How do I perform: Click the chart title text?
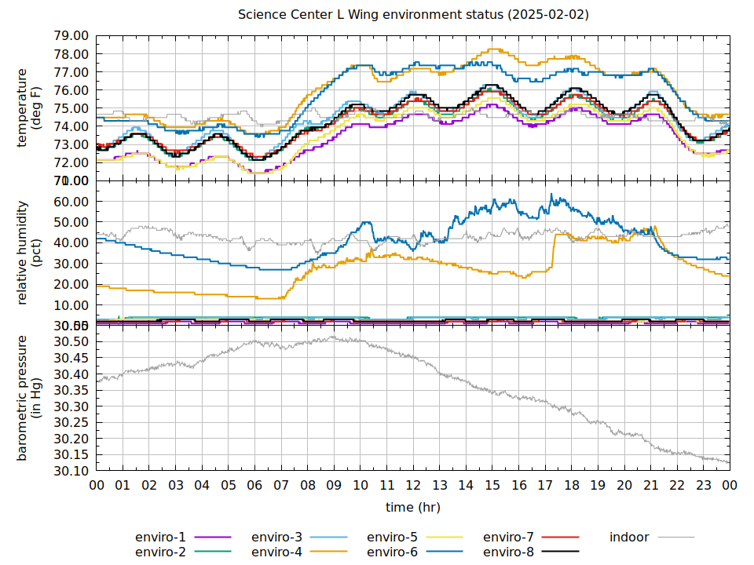(413, 15)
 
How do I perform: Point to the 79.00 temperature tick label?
(71, 36)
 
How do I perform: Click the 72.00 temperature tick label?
(71, 162)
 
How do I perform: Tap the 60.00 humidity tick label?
(71, 201)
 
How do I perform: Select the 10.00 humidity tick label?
(71, 305)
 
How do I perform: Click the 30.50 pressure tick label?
(71, 341)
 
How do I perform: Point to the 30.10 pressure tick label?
(71, 471)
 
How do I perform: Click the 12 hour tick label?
(413, 486)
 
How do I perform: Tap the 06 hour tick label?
(254, 486)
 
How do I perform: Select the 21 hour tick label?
(650, 486)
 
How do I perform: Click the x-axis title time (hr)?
(413, 508)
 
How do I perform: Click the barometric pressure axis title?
(29, 398)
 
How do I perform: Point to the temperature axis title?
(29, 108)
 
